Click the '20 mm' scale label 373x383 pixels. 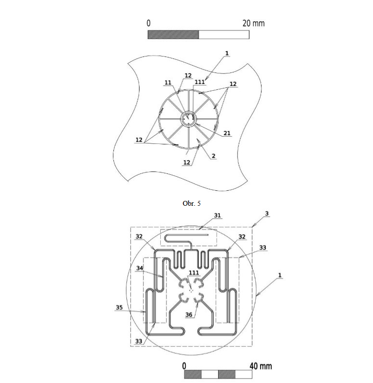coord(253,23)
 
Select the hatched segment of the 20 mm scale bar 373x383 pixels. coord(173,35)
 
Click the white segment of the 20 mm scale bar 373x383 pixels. coord(224,35)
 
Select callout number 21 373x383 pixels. coord(226,133)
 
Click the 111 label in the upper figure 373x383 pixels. coord(200,83)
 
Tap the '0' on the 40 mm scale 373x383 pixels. coord(185,365)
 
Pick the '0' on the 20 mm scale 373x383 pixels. coord(149,23)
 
